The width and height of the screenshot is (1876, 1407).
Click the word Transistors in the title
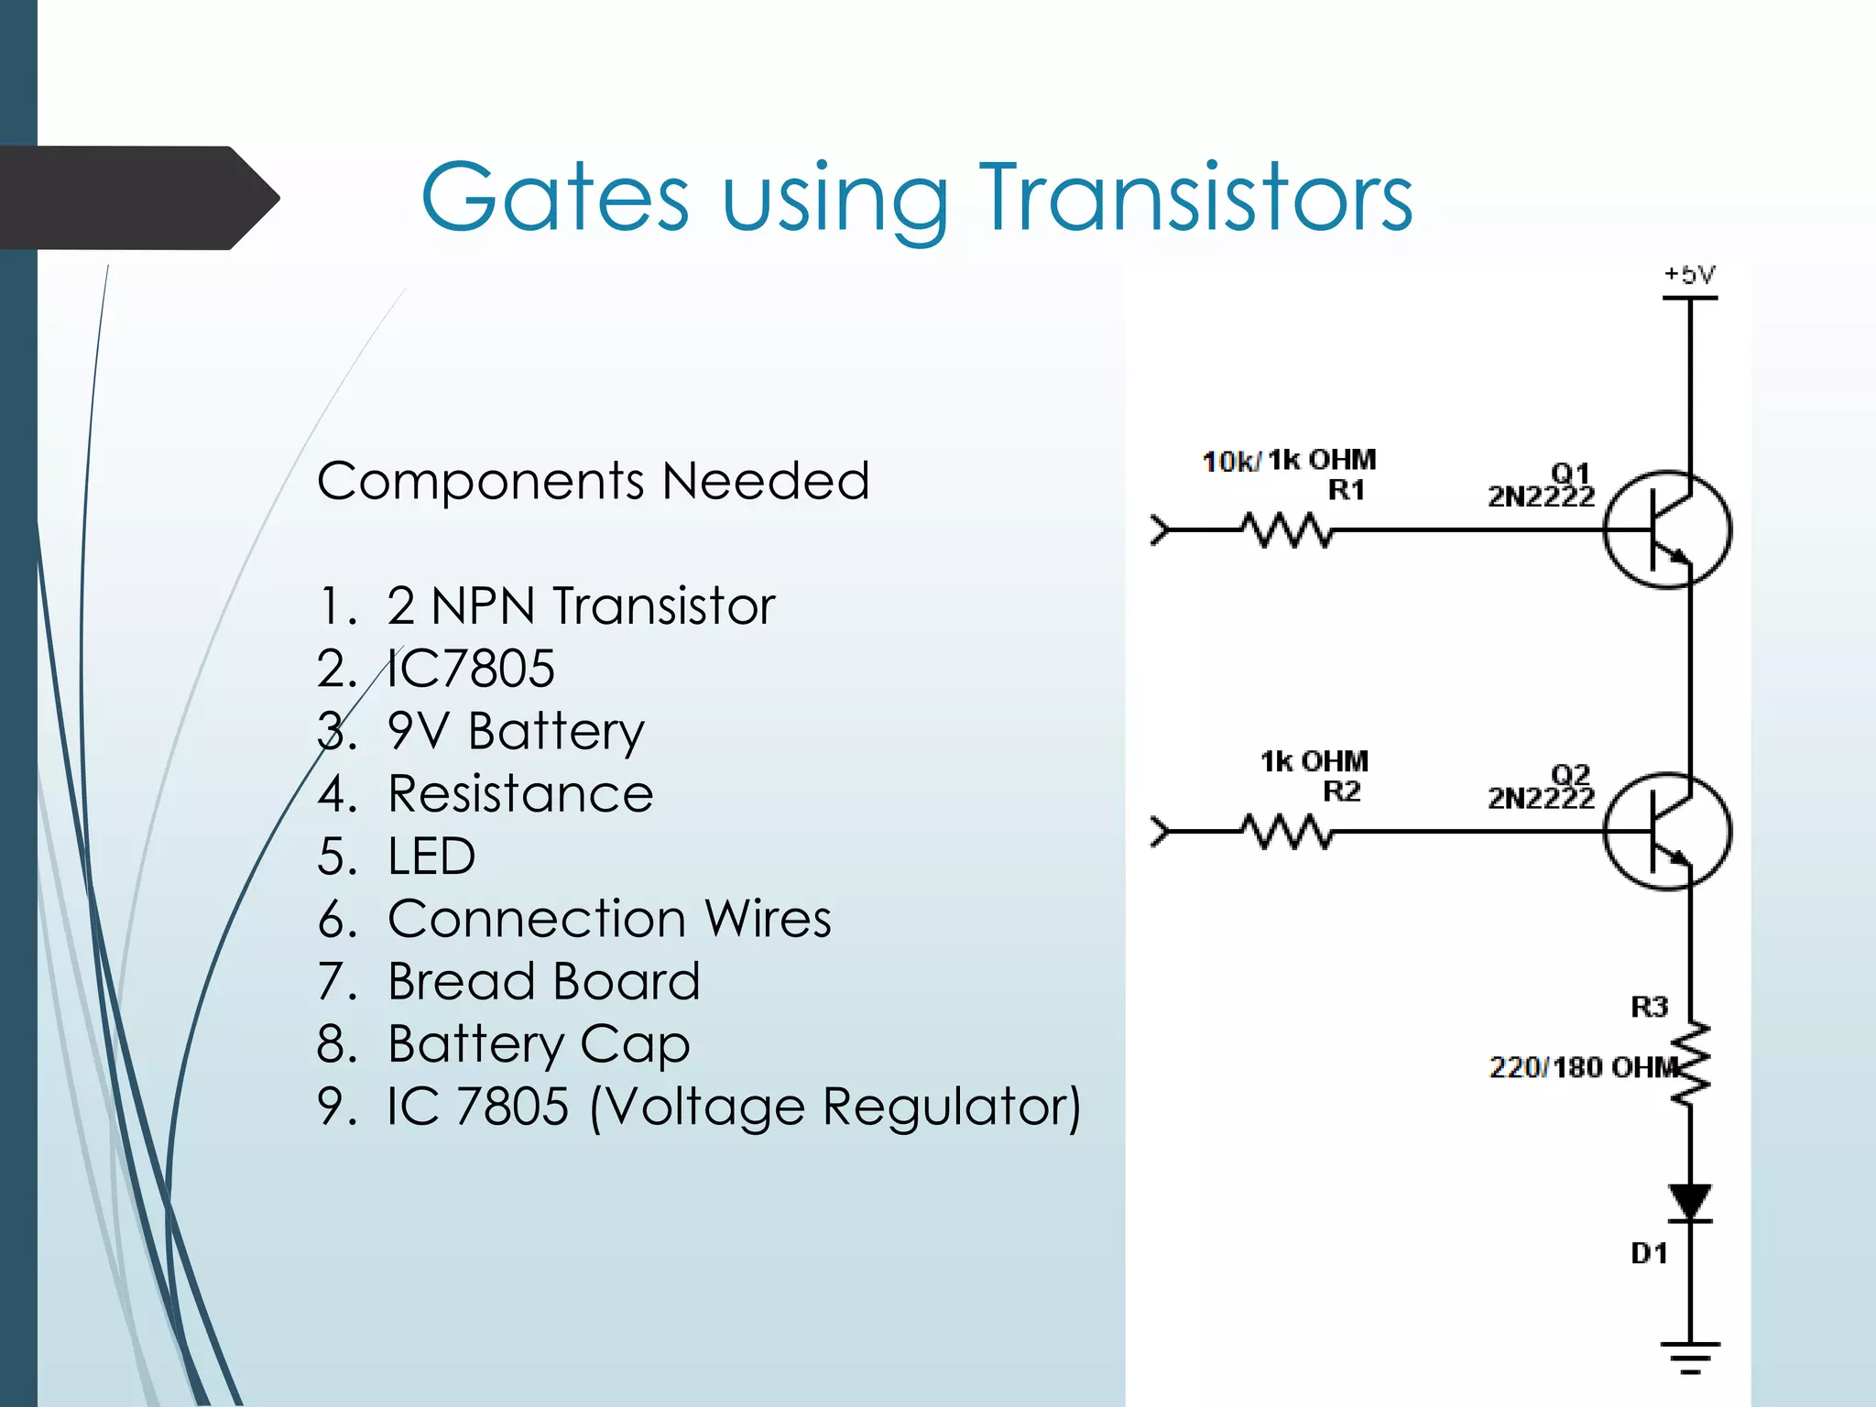(1196, 197)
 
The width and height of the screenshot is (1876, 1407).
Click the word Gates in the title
(554, 197)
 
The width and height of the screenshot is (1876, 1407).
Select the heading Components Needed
(593, 481)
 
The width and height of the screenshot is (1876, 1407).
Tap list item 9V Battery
(516, 731)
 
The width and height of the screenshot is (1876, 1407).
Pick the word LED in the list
(431, 856)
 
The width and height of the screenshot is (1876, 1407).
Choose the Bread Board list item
(543, 981)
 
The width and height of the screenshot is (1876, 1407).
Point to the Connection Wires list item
(609, 919)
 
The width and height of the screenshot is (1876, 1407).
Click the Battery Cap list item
(539, 1044)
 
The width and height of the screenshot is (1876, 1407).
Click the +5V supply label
(1689, 274)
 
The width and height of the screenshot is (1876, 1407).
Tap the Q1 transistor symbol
(1667, 529)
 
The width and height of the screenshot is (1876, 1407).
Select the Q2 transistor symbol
(1667, 831)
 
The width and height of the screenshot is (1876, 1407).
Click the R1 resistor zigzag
(1287, 530)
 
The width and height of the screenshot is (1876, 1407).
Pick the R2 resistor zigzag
(1287, 832)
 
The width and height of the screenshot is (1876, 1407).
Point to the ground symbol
(1690, 1357)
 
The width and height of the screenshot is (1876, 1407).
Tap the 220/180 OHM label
(1583, 1068)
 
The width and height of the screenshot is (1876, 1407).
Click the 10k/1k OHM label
(1288, 460)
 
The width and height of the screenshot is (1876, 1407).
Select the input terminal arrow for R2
(1161, 832)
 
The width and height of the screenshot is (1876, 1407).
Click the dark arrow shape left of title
(137, 198)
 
